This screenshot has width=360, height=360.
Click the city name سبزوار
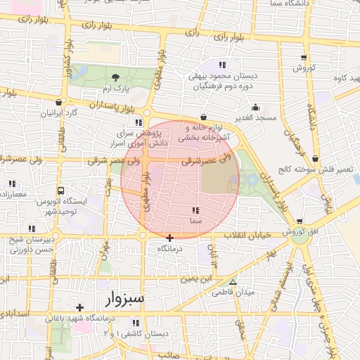click(126, 300)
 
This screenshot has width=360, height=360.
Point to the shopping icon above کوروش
click(303, 58)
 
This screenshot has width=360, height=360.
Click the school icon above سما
click(195, 210)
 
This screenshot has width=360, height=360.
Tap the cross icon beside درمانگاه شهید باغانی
click(80, 307)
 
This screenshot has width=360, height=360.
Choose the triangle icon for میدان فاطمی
click(233, 281)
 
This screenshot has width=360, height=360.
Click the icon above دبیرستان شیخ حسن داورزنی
click(32, 229)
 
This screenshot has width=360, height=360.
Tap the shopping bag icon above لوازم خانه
click(203, 117)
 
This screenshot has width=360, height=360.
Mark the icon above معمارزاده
click(12, 184)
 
